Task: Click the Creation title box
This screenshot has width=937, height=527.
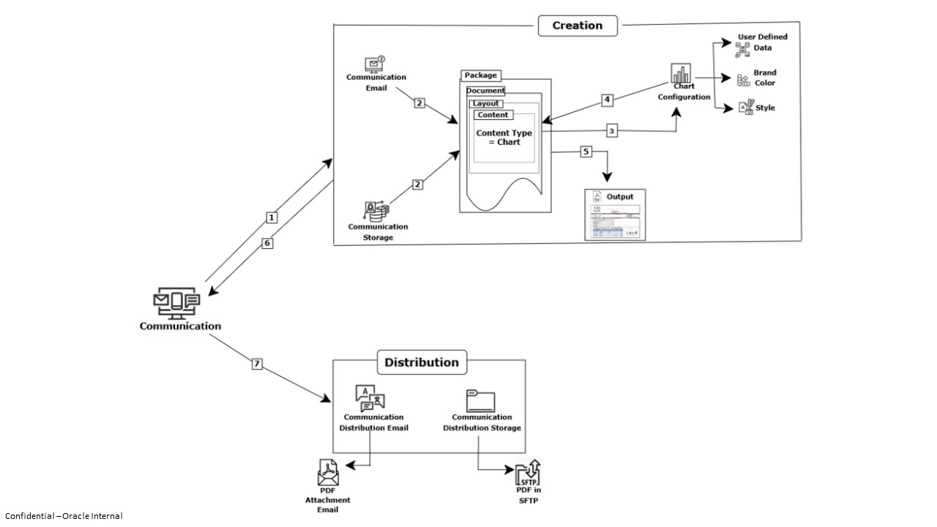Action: (x=578, y=26)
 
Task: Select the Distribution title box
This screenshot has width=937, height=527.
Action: (x=422, y=362)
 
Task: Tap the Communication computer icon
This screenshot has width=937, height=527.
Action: (x=176, y=303)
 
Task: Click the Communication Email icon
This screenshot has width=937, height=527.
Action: (x=375, y=64)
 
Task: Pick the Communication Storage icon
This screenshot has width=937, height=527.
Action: (x=377, y=211)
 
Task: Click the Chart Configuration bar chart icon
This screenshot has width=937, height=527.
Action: (x=682, y=74)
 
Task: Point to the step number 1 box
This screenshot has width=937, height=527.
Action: (x=272, y=217)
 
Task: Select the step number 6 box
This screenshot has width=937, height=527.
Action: (x=267, y=244)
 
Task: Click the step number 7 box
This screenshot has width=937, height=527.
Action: (x=257, y=364)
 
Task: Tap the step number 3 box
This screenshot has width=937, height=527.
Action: (x=612, y=131)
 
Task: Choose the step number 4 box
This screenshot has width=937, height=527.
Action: (x=607, y=100)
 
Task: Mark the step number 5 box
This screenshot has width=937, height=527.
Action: (x=585, y=152)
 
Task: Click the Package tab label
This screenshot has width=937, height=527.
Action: (x=481, y=75)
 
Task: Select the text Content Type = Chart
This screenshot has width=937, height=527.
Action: (x=504, y=138)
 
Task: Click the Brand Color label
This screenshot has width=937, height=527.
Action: (x=765, y=78)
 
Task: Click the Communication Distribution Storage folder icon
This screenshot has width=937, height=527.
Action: (x=480, y=401)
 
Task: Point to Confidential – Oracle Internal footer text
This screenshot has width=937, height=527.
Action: (x=64, y=516)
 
